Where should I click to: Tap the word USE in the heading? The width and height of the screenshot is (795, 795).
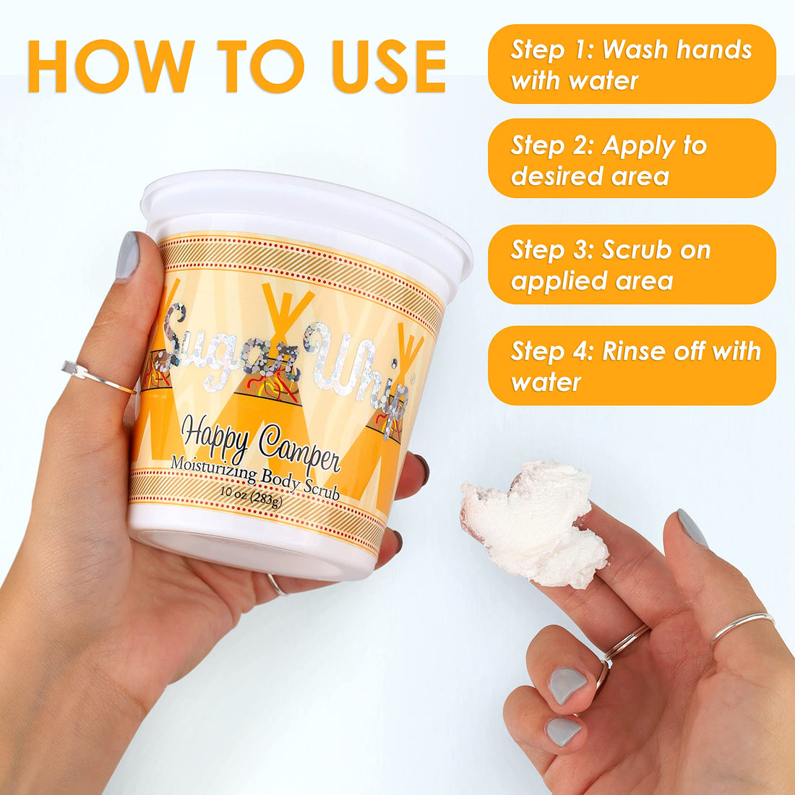390,66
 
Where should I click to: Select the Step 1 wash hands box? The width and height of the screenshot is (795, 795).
632,64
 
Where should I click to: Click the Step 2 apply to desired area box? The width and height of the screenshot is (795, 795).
632,159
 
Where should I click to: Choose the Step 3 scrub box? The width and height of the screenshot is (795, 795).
632,265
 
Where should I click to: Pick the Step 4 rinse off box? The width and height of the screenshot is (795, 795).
632,366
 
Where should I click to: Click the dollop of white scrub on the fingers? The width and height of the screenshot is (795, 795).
535,523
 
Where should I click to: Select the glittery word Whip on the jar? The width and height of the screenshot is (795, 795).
358,373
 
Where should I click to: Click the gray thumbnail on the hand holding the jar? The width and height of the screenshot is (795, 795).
128,255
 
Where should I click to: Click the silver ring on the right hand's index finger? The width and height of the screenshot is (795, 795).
742,628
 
